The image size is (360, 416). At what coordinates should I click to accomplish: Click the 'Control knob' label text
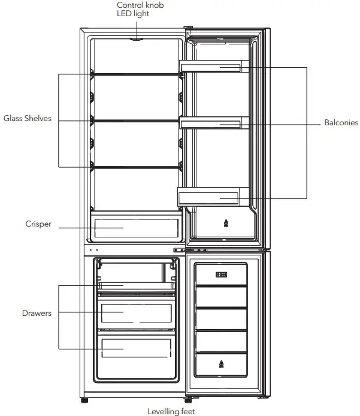(140, 5)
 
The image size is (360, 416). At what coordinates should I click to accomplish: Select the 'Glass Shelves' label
(28, 119)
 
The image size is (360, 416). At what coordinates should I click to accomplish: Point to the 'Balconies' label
(341, 123)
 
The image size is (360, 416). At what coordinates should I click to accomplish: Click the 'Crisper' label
(38, 224)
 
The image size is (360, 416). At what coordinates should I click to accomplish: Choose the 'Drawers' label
(37, 313)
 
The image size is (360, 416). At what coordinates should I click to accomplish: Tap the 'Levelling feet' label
(171, 411)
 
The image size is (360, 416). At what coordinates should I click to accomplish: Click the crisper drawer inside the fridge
(136, 228)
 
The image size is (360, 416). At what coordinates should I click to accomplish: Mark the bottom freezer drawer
(136, 348)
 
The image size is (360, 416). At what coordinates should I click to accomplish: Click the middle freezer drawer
(136, 313)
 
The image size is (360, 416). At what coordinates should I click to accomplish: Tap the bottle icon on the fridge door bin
(226, 224)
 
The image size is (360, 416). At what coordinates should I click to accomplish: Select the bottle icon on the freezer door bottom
(222, 363)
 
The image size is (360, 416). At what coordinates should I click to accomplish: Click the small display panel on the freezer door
(221, 275)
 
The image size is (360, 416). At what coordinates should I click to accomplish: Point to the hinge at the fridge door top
(189, 28)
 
